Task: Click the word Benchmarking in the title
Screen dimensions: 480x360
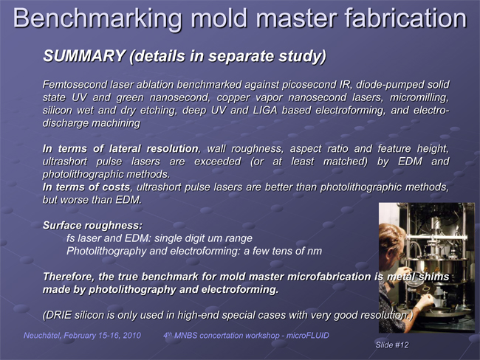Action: pyautogui.click(x=97, y=19)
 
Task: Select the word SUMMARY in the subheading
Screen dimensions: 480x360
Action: pyautogui.click(x=84, y=56)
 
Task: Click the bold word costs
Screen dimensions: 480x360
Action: pyautogui.click(x=116, y=187)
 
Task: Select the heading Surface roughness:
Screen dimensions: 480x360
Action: pyautogui.click(x=93, y=226)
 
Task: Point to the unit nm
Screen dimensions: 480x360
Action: pyautogui.click(x=315, y=252)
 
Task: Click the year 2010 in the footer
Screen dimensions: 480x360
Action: pyautogui.click(x=132, y=336)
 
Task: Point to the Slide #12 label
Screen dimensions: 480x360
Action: pyautogui.click(x=392, y=345)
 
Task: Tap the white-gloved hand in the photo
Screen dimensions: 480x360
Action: pyautogui.click(x=425, y=302)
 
